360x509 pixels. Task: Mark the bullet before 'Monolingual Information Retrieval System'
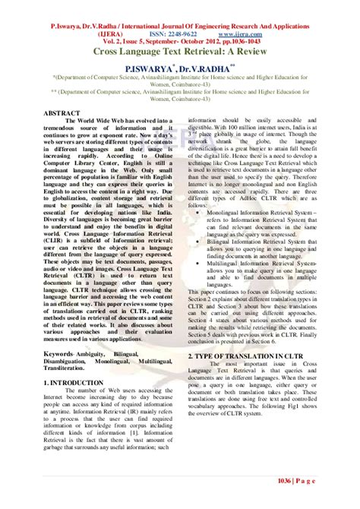click(199, 214)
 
